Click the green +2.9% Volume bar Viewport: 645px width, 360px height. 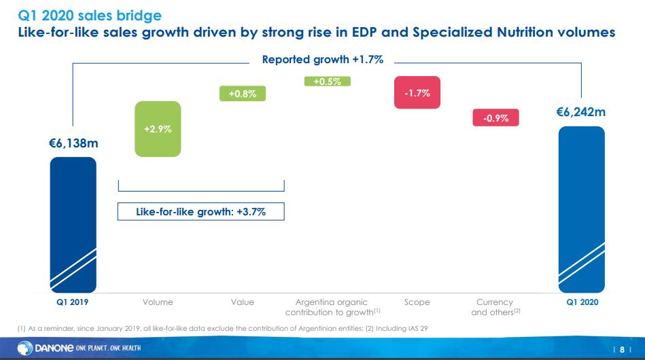[x=158, y=128]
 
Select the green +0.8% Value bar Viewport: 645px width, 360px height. [x=242, y=94]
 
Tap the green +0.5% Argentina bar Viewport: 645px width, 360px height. [x=328, y=82]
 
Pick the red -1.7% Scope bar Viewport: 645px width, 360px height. [x=417, y=93]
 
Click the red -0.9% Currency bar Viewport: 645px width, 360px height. [x=495, y=118]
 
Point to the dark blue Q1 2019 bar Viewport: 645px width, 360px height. [x=73, y=223]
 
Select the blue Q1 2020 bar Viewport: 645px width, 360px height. [x=581, y=207]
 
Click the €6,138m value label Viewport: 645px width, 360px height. [x=73, y=143]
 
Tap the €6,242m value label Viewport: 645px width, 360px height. [x=581, y=112]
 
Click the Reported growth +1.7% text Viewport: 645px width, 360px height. [x=323, y=60]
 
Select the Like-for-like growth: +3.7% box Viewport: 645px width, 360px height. [x=201, y=212]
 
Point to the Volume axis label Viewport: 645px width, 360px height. [x=158, y=302]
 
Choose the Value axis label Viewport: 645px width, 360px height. [x=242, y=302]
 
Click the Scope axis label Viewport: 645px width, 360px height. [x=417, y=302]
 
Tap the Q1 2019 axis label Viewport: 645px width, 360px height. [x=73, y=302]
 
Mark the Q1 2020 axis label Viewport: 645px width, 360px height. [x=582, y=302]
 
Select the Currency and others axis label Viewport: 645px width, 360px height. [x=494, y=307]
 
